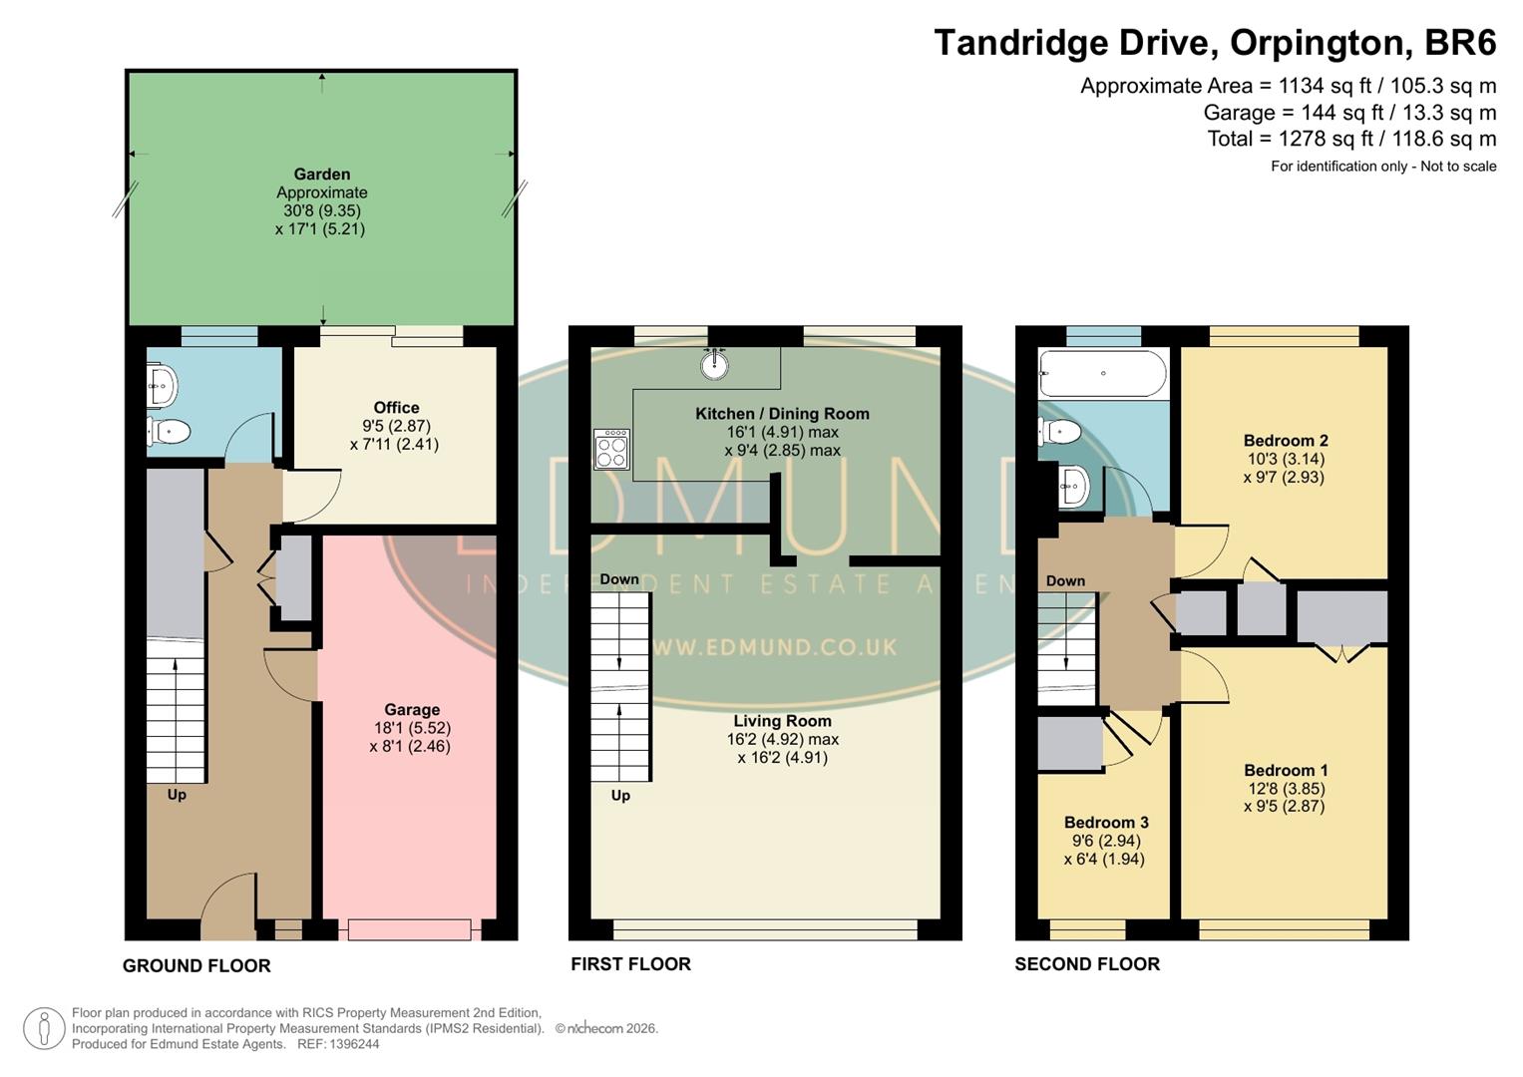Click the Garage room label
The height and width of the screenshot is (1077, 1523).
pos(412,710)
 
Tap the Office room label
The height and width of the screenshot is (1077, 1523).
pos(396,408)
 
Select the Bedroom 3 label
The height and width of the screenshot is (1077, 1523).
pos(1106,823)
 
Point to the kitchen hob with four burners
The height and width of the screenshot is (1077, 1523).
pos(611,449)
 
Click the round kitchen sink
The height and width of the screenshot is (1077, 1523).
pos(714,365)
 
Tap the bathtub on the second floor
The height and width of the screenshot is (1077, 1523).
pos(1102,374)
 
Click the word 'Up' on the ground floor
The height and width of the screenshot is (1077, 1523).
pos(177,795)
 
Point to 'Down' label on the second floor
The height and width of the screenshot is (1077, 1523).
pos(1065,580)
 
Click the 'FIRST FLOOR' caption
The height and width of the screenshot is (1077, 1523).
pos(630,964)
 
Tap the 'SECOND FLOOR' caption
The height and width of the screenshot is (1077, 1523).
pos(1087,964)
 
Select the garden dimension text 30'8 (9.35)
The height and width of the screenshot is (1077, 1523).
pos(322,210)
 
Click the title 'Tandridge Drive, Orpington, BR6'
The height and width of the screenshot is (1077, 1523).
pos(1215,43)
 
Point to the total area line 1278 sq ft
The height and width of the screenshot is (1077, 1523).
pos(1351,139)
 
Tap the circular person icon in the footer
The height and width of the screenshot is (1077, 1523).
pos(44,1028)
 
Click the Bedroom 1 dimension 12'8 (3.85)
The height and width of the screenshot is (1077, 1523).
pos(1286,788)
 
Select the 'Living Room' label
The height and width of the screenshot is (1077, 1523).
pos(782,721)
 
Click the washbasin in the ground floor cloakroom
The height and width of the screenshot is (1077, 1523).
pos(163,385)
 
